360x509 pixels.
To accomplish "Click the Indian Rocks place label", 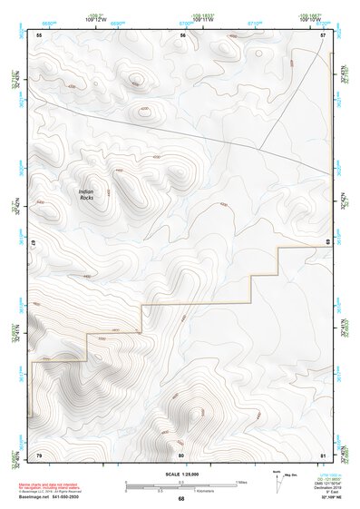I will coord(86,194).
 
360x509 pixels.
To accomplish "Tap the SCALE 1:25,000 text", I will coord(180,472).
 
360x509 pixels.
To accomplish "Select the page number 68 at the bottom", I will coord(180,498).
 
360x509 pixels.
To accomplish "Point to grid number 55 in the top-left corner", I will coord(39,34).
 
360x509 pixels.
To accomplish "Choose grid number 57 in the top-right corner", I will coord(323,34).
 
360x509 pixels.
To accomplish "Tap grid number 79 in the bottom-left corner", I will coord(39,453).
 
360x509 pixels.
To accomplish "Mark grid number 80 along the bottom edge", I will coord(181,453).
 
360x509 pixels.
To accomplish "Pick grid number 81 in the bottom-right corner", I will coord(323,453).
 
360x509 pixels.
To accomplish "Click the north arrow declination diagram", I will coord(277,478).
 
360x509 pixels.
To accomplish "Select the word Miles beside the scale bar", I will coord(240,481).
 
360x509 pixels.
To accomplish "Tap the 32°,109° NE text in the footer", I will coord(330,498).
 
